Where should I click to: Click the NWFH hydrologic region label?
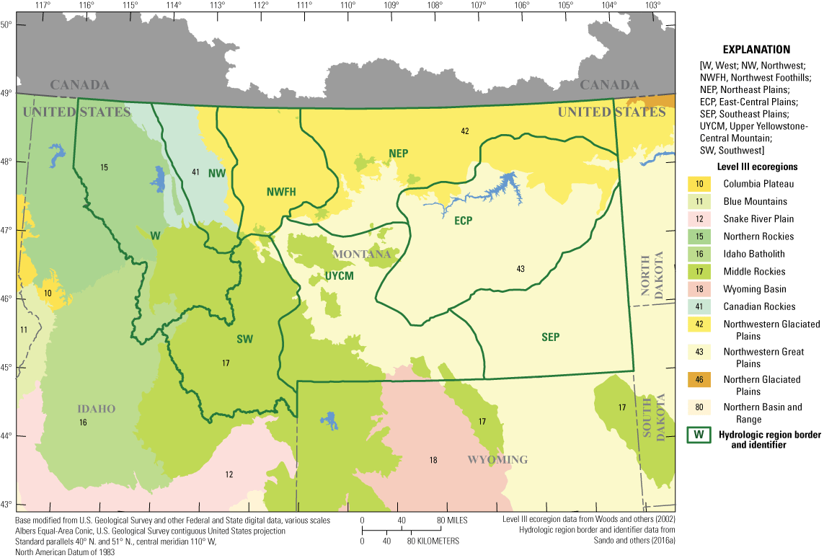coord(282,191)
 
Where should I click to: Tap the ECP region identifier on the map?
coord(463,221)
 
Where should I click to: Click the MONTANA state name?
coord(361,254)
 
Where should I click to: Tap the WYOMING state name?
coord(497,459)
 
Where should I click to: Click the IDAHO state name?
coord(96,409)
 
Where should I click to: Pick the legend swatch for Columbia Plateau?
coord(699,184)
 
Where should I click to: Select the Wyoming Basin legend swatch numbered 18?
coord(699,289)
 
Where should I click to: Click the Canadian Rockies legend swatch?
coord(699,306)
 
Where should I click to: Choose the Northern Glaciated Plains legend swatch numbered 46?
coord(699,379)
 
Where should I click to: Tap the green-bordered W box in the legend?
coord(699,435)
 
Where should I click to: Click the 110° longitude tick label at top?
coord(348,6)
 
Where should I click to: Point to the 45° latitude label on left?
coord(6,368)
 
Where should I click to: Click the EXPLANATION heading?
coord(756,50)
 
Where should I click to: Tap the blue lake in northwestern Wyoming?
coord(331,420)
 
